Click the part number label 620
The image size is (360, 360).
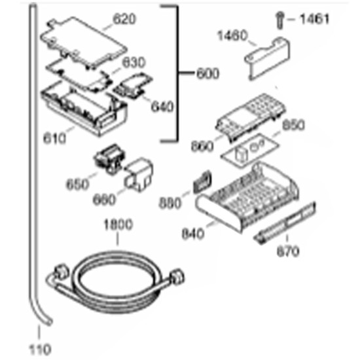tap(124, 19)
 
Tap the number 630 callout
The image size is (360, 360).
tap(134, 62)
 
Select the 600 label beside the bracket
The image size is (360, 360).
tap(208, 74)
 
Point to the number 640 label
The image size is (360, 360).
tap(162, 107)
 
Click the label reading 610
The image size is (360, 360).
tap(54, 139)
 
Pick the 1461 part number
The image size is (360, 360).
tap(315, 19)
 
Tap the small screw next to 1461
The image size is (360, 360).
tap(280, 21)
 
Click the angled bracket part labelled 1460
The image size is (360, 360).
tap(268, 58)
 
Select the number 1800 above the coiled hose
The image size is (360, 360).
tap(118, 225)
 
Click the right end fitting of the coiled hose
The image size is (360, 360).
tap(178, 277)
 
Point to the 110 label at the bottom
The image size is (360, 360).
tap(40, 350)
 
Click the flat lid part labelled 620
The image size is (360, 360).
tap(84, 43)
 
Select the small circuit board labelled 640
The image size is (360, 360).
tap(133, 86)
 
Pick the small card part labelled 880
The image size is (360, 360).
tap(202, 181)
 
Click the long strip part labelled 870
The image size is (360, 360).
tap(285, 223)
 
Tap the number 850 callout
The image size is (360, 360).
tap(293, 126)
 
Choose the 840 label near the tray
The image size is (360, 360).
tap(192, 234)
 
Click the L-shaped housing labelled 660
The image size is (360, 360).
tap(139, 174)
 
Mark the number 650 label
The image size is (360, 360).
tap(77, 184)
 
